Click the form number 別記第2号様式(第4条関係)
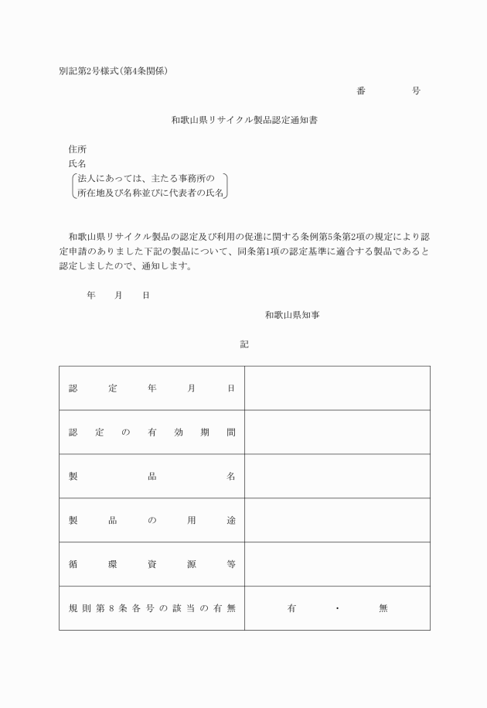(x=113, y=71)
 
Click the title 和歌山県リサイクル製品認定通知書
(x=243, y=120)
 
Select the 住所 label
(x=77, y=149)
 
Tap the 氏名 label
(x=77, y=164)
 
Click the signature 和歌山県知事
(x=287, y=315)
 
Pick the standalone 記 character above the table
(x=244, y=345)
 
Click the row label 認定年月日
(x=152, y=388)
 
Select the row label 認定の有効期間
(x=152, y=433)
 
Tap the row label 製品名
(x=152, y=477)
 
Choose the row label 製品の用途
(x=152, y=521)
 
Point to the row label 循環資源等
(x=152, y=565)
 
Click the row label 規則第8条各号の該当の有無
(x=152, y=609)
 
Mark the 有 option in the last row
(x=291, y=609)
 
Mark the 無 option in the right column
(x=383, y=609)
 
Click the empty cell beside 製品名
(x=337, y=477)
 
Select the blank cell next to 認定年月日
(x=337, y=388)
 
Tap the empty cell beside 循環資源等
(x=337, y=565)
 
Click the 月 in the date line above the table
(x=119, y=296)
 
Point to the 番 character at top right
(x=361, y=91)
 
